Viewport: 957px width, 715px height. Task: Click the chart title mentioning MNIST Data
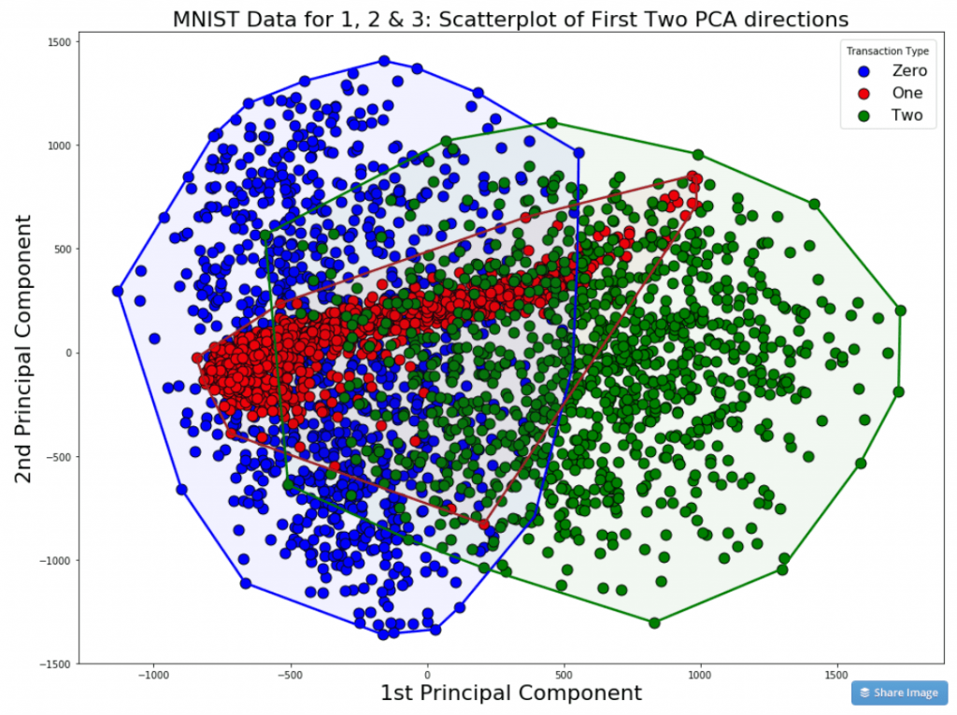510,19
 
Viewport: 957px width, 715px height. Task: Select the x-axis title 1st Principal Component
510,693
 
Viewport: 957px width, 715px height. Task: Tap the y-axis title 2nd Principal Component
24,349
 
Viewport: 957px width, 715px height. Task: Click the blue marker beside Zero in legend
864,71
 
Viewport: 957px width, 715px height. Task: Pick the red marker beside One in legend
864,93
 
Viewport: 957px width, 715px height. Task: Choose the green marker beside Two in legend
864,116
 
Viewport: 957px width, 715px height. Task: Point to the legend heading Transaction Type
887,50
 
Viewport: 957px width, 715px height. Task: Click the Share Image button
898,693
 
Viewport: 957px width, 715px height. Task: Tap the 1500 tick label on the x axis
836,673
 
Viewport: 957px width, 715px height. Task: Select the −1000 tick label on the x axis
152,673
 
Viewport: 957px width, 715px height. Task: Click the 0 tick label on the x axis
427,673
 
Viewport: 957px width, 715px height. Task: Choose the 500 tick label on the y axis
64,249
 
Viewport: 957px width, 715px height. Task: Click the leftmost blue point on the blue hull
118,291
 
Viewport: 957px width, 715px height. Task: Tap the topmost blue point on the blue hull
384,61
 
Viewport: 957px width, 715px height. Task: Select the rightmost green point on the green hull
901,310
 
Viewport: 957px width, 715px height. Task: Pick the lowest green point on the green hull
654,622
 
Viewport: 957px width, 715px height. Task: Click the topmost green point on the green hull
551,123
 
